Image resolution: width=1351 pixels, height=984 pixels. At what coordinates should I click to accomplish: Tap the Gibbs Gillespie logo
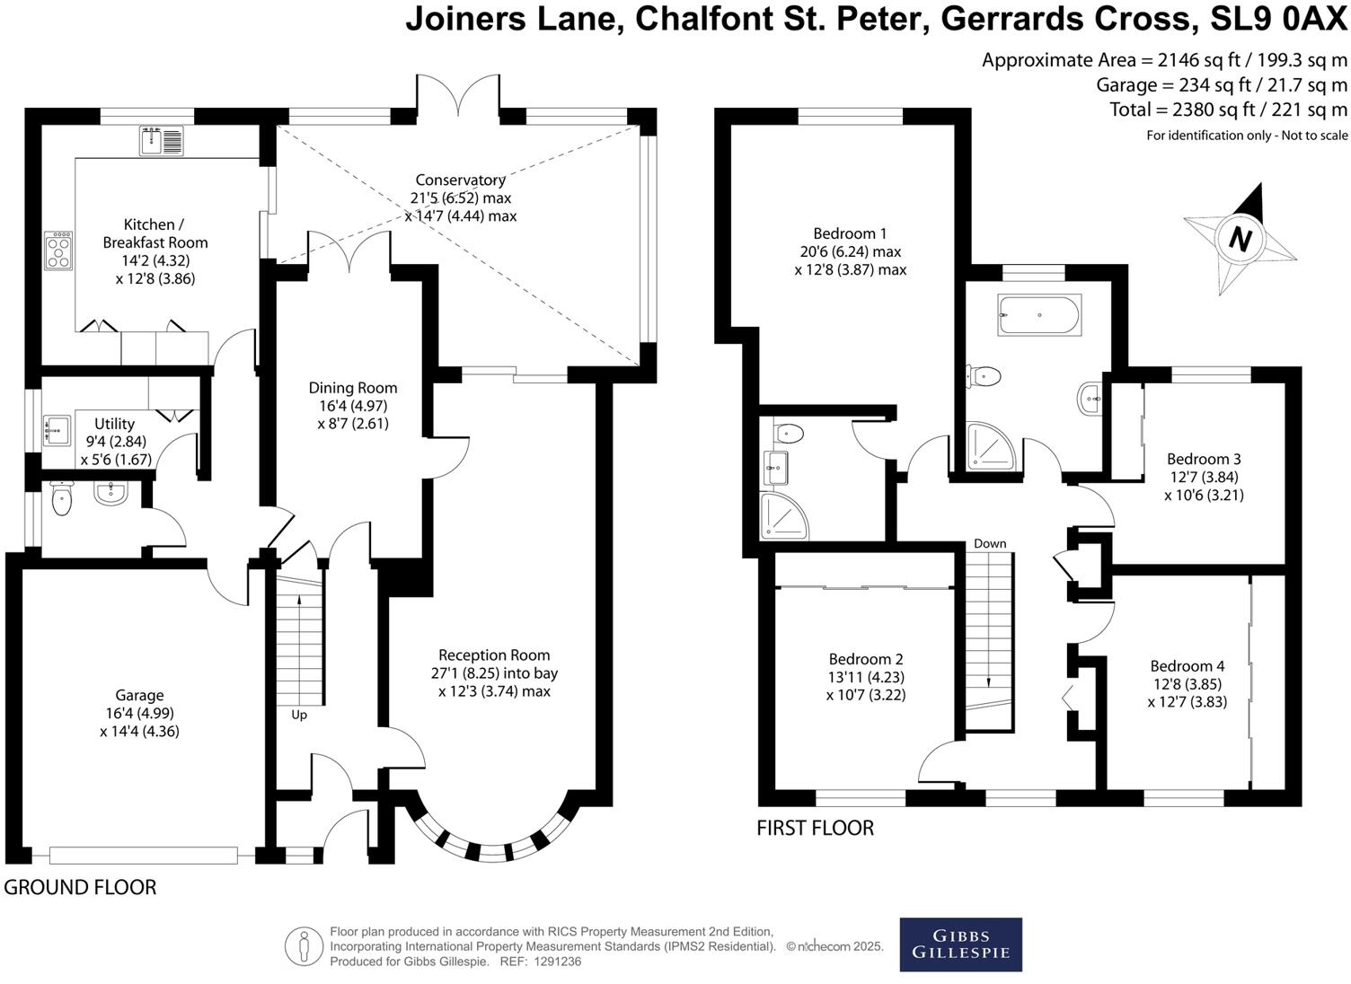tap(960, 944)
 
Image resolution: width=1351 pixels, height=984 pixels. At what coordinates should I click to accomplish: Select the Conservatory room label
tap(461, 180)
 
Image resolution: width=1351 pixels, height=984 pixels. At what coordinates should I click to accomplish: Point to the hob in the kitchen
tap(59, 250)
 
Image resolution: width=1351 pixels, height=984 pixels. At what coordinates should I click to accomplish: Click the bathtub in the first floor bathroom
tap(1039, 315)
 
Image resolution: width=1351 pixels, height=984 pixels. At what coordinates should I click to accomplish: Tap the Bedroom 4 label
tap(1187, 666)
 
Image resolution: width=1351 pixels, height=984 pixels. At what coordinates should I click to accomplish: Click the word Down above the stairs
tap(989, 544)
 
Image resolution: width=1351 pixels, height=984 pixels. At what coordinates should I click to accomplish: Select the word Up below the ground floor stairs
tap(298, 715)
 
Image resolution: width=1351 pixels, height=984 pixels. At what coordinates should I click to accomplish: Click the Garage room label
tap(139, 695)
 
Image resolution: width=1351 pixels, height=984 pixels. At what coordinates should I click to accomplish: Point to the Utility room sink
tap(57, 431)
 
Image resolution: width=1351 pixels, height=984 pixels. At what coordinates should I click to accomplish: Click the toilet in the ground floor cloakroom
tap(61, 500)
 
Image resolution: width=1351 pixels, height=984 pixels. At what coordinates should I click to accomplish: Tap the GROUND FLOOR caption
tap(80, 888)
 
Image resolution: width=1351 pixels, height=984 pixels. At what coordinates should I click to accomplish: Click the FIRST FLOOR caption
tap(815, 828)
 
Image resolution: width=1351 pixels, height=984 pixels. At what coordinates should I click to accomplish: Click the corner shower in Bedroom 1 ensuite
tap(783, 516)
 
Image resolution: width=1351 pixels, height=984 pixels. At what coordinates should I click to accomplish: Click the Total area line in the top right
tap(1228, 110)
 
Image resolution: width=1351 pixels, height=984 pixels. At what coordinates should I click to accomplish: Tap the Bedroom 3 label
tap(1204, 459)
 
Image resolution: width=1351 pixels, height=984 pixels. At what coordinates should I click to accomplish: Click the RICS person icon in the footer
tap(304, 945)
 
